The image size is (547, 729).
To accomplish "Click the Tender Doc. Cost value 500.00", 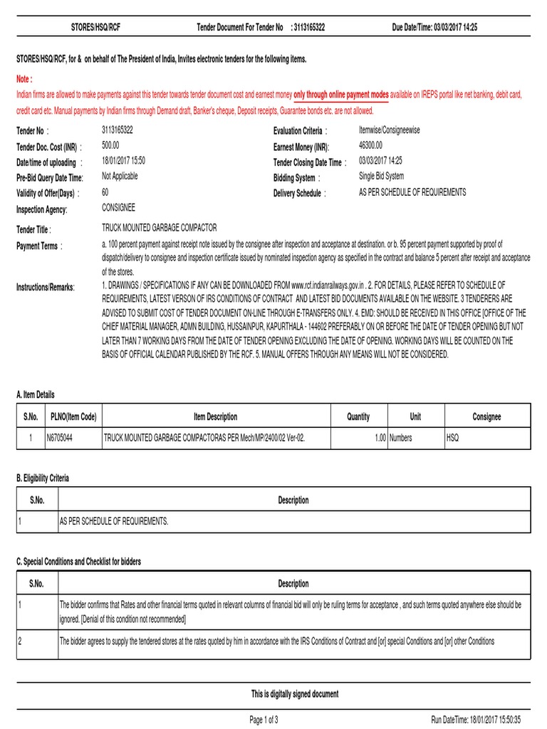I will click(x=112, y=145).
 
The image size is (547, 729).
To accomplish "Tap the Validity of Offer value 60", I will click(x=105, y=192).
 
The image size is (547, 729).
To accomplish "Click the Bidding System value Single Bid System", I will click(x=381, y=177).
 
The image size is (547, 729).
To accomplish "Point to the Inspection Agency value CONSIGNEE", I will click(x=118, y=208).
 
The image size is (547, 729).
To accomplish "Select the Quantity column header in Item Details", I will click(x=358, y=416).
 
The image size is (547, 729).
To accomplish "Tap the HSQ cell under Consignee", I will click(x=454, y=438).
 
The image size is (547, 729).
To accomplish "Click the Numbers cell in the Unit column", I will click(x=400, y=438).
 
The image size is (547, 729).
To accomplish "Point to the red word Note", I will click(x=25, y=78).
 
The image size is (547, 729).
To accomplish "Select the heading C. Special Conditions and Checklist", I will click(x=78, y=562).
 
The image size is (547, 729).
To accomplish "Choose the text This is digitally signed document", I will click(x=295, y=694).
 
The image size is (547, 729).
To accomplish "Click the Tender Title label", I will click(x=33, y=229).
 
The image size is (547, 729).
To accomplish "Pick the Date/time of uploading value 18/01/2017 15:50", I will click(x=124, y=161).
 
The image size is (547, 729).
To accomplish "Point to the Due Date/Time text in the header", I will click(x=434, y=27).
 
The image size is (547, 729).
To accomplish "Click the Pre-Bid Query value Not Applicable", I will click(x=120, y=177).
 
